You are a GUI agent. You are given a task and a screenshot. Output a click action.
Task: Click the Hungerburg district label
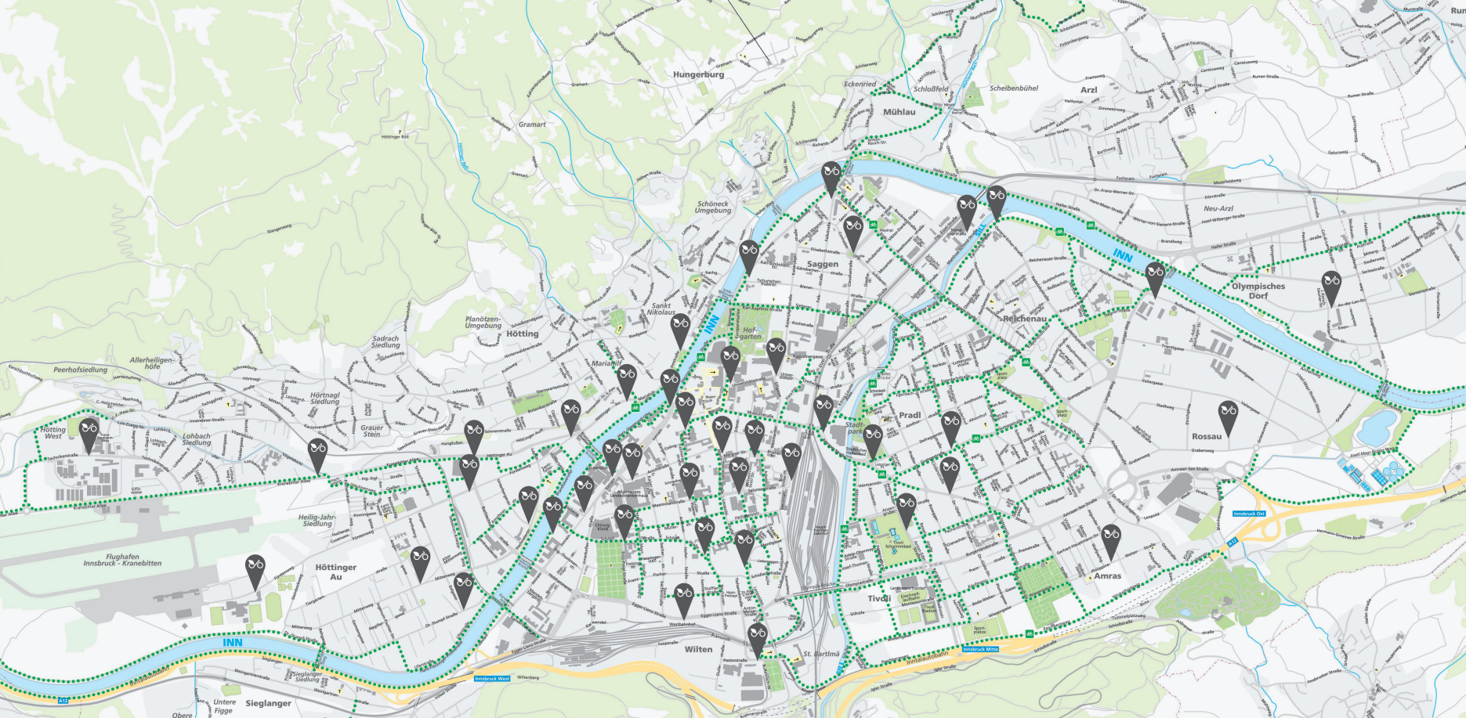[x=698, y=74]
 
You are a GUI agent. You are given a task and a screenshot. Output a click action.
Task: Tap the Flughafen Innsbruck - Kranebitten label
[x=122, y=560]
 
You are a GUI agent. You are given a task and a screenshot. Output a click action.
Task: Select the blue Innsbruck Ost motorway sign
[x=1249, y=514]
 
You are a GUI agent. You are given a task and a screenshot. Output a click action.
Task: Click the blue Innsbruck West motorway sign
[x=492, y=679]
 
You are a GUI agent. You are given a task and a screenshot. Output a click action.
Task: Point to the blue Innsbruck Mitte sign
[x=981, y=649]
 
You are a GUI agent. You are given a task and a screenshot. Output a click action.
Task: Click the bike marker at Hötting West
[x=89, y=432]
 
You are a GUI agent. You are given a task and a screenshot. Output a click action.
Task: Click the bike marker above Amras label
[x=1110, y=539]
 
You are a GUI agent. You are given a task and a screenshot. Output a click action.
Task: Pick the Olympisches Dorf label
[x=1258, y=290]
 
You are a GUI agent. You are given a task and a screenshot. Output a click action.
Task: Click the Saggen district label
[x=823, y=264]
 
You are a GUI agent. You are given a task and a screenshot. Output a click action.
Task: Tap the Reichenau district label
[x=1025, y=319]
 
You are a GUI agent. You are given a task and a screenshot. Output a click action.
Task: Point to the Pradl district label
[x=910, y=415]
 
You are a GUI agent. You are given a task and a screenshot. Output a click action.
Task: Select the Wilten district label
[x=699, y=649]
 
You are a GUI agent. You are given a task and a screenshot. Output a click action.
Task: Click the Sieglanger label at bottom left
[x=268, y=703]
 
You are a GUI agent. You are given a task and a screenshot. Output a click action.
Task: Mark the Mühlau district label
[x=899, y=112]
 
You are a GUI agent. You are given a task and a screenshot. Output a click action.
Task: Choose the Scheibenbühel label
[x=1014, y=88]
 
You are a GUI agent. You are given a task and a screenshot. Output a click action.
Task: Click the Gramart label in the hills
[x=532, y=124]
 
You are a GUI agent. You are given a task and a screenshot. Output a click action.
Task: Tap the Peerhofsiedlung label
[x=81, y=370]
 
